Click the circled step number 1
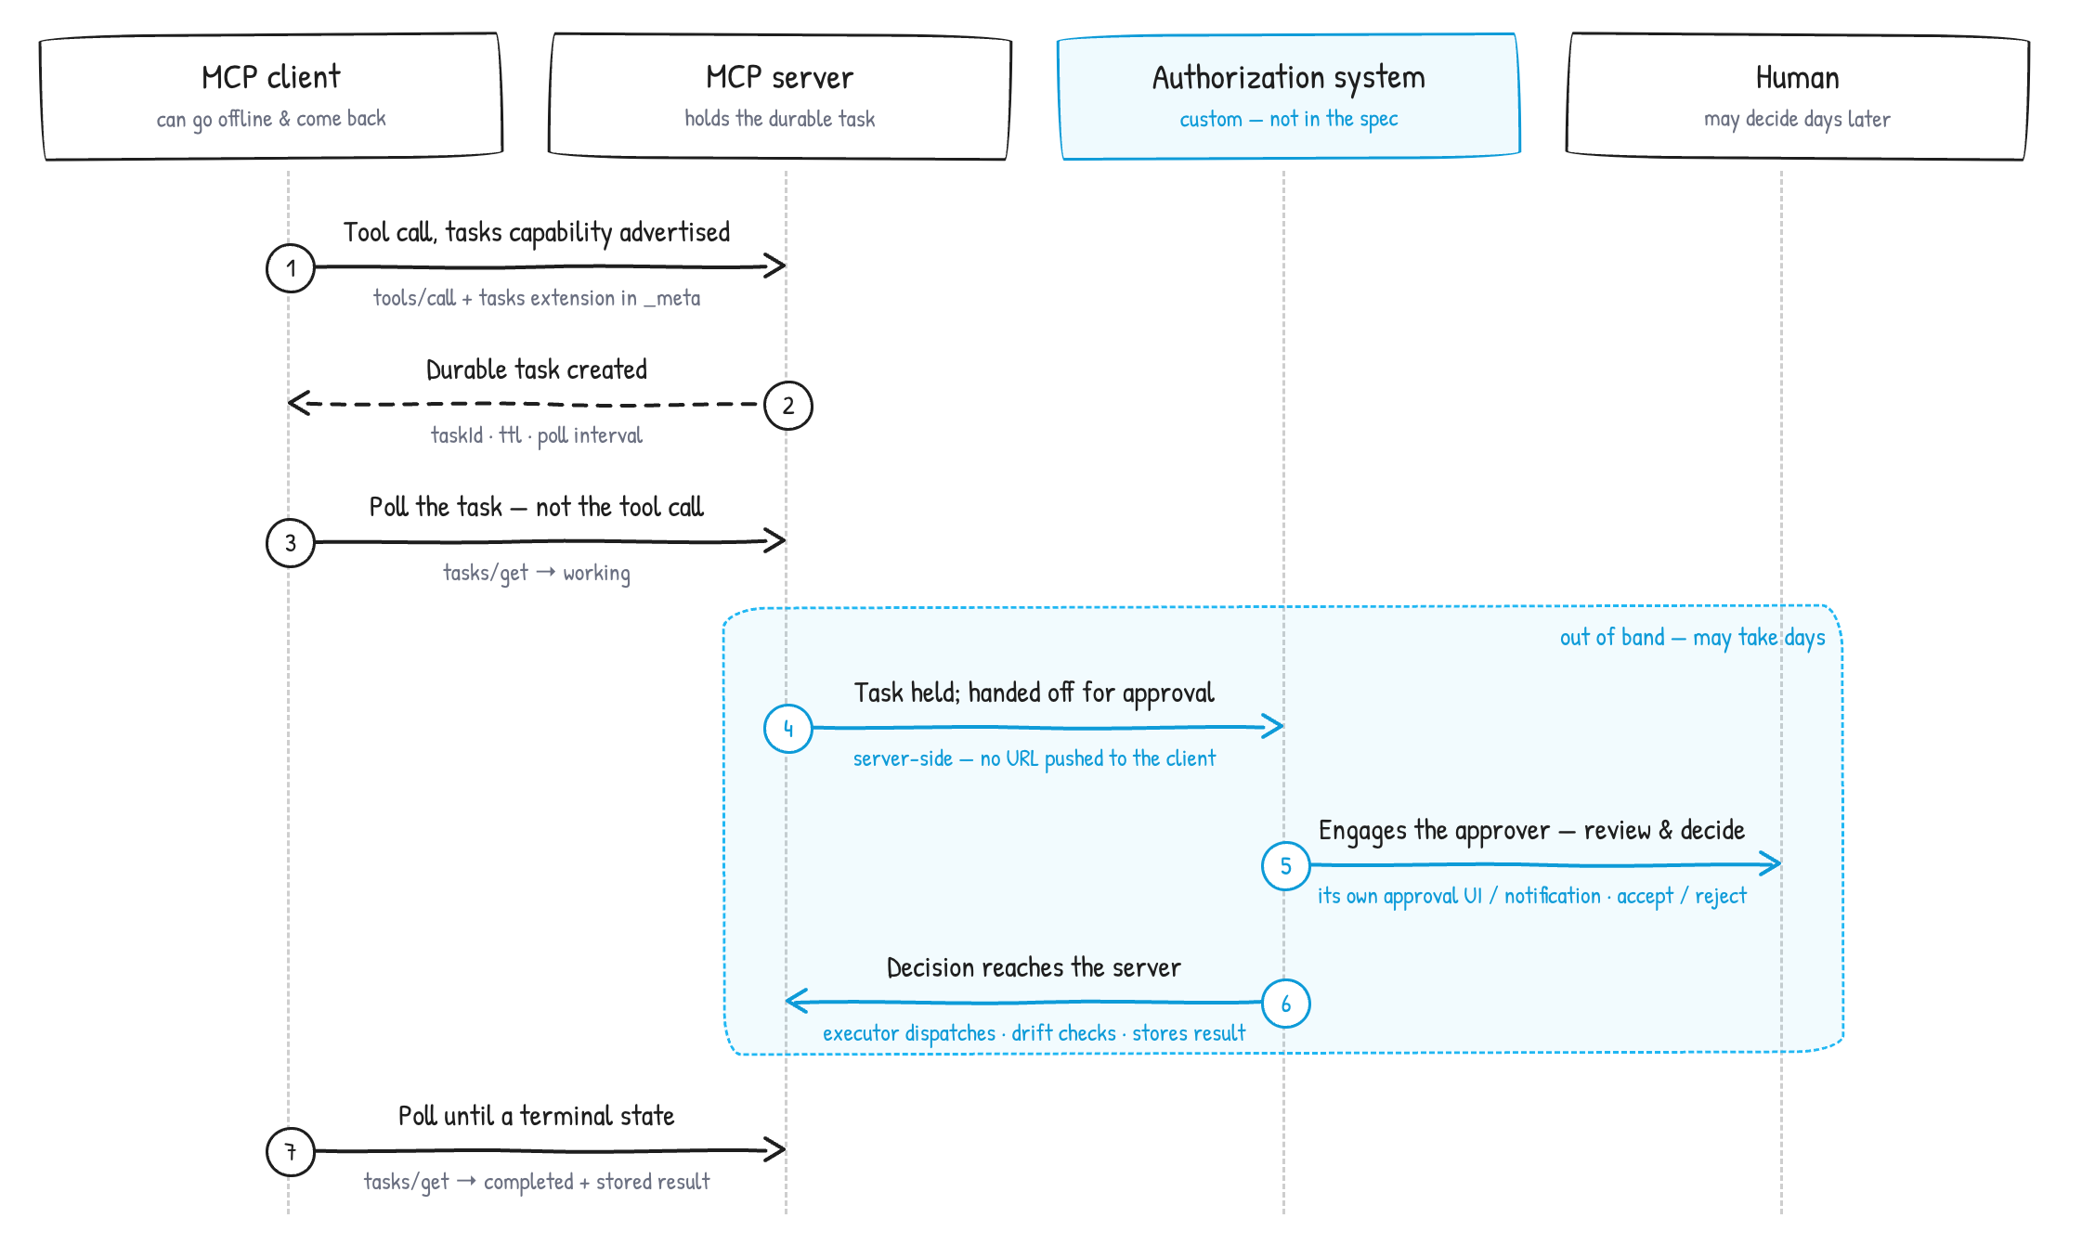(291, 268)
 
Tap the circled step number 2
(788, 406)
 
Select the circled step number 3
(291, 543)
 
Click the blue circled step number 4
(788, 729)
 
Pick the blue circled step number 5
(1286, 866)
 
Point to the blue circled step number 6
(1286, 1004)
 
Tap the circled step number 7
(291, 1152)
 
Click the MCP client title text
(271, 77)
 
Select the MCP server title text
(780, 77)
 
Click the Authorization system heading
(1289, 78)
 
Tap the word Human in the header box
(1798, 78)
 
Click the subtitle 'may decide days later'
(1798, 119)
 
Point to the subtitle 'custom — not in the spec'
(1289, 119)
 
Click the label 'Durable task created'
(537, 369)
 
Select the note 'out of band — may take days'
(1692, 638)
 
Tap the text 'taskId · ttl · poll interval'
(537, 435)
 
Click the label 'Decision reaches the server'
(1034, 967)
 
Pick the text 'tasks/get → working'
(537, 573)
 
